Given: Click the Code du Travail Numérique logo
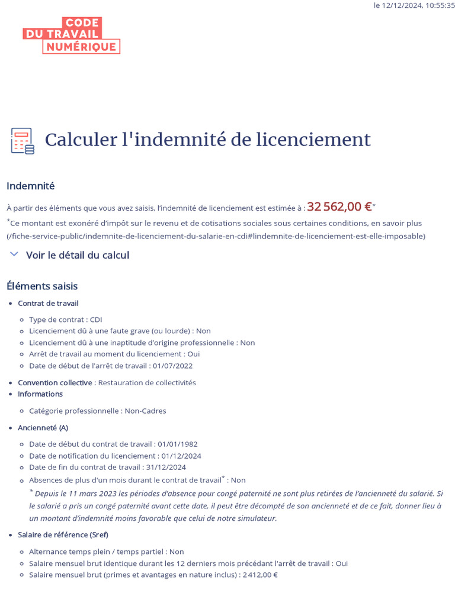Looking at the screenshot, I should click(x=71, y=36).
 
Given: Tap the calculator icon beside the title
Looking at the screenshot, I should click(x=22, y=141).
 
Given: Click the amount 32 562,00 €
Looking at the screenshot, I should click(x=339, y=207).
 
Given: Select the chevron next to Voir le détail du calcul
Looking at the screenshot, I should click(x=14, y=254).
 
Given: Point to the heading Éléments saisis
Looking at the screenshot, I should click(x=42, y=286).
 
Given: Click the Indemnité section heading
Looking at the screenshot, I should click(x=30, y=186).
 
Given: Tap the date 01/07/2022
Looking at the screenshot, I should click(x=172, y=366).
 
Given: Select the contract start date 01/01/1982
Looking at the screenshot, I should click(x=177, y=444).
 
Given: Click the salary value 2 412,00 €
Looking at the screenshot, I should click(x=259, y=575).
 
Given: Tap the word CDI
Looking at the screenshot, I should click(x=96, y=320).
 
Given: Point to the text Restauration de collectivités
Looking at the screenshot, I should click(x=147, y=383).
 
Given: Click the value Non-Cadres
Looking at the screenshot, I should click(x=145, y=411).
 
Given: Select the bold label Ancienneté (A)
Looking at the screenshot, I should click(x=43, y=428).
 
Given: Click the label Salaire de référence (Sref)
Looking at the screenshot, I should click(x=63, y=535).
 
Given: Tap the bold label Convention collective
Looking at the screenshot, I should click(x=55, y=383).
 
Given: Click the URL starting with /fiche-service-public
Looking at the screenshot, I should click(x=216, y=236).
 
